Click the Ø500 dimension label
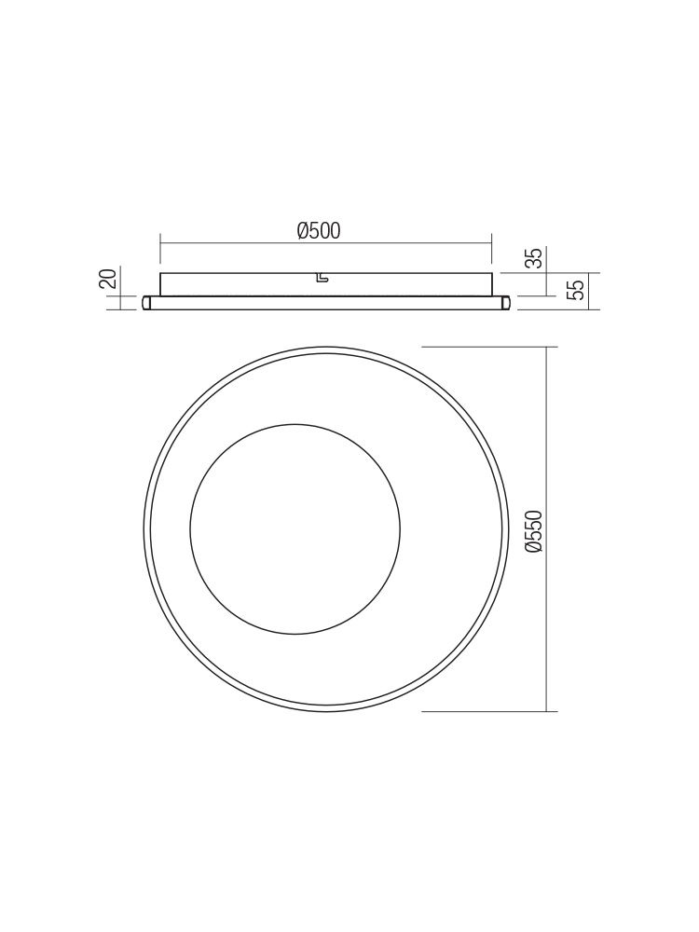click(319, 230)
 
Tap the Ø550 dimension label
click(535, 532)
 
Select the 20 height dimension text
click(107, 278)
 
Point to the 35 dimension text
click(536, 258)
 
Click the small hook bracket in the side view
click(322, 278)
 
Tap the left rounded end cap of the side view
click(146, 303)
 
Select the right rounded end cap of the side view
click(505, 303)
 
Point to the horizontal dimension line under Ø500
click(325, 242)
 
